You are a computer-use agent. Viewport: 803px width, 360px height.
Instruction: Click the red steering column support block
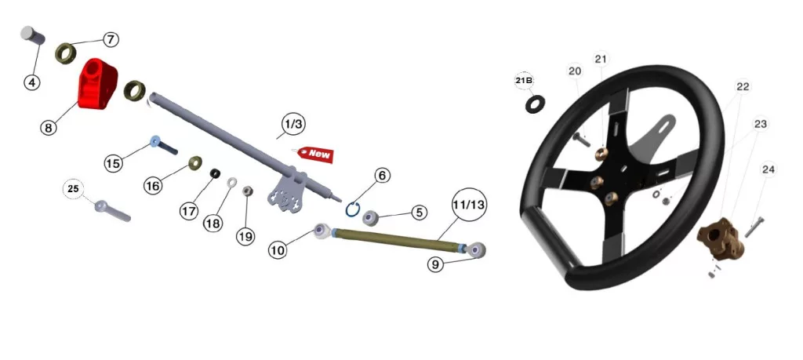tap(97, 83)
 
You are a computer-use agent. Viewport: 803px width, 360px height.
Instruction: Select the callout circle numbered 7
tap(111, 39)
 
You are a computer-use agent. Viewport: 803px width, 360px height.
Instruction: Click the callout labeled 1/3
tap(293, 124)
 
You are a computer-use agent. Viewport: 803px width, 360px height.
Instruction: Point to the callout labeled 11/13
tap(469, 205)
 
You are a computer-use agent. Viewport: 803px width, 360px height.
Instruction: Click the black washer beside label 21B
tap(535, 104)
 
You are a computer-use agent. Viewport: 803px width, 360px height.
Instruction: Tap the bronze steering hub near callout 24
tap(721, 238)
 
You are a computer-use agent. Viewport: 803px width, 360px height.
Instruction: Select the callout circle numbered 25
tap(73, 189)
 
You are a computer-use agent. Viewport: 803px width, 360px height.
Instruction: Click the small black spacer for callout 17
tap(215, 173)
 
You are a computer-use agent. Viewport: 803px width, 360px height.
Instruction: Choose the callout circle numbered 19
tap(245, 237)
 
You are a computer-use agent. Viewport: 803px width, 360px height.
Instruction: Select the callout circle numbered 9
tap(435, 264)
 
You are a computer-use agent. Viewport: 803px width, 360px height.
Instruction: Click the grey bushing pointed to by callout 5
tap(370, 217)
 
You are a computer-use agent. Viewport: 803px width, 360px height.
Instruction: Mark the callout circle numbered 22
tap(743, 87)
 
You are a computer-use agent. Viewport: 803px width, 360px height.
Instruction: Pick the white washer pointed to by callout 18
tap(232, 182)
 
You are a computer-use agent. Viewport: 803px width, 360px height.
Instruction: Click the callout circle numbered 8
tap(49, 127)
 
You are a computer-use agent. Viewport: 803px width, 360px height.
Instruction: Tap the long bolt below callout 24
tap(754, 227)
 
